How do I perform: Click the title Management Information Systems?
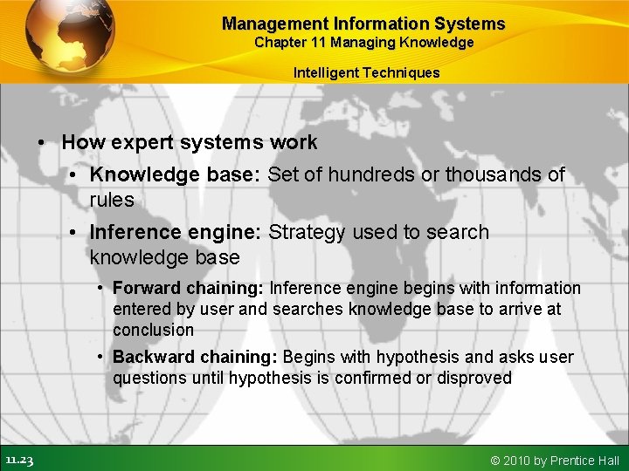pyautogui.click(x=363, y=24)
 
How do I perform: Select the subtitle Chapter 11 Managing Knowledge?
pyautogui.click(x=363, y=43)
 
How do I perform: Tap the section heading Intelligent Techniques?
pyautogui.click(x=366, y=72)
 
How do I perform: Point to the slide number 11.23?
pyautogui.click(x=18, y=460)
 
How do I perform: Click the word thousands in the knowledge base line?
pyautogui.click(x=494, y=174)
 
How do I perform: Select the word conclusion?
pyautogui.click(x=153, y=330)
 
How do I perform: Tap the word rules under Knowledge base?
pyautogui.click(x=111, y=200)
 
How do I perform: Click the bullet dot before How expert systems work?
pyautogui.click(x=41, y=142)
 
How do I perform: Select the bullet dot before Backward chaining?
pyautogui.click(x=101, y=357)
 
